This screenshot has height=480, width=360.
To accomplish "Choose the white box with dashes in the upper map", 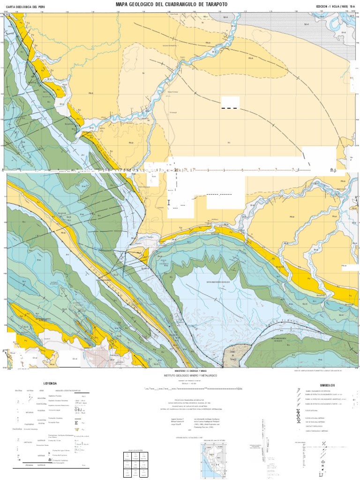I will pos(230,103).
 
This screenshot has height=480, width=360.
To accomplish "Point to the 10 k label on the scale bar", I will pos(240,389).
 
